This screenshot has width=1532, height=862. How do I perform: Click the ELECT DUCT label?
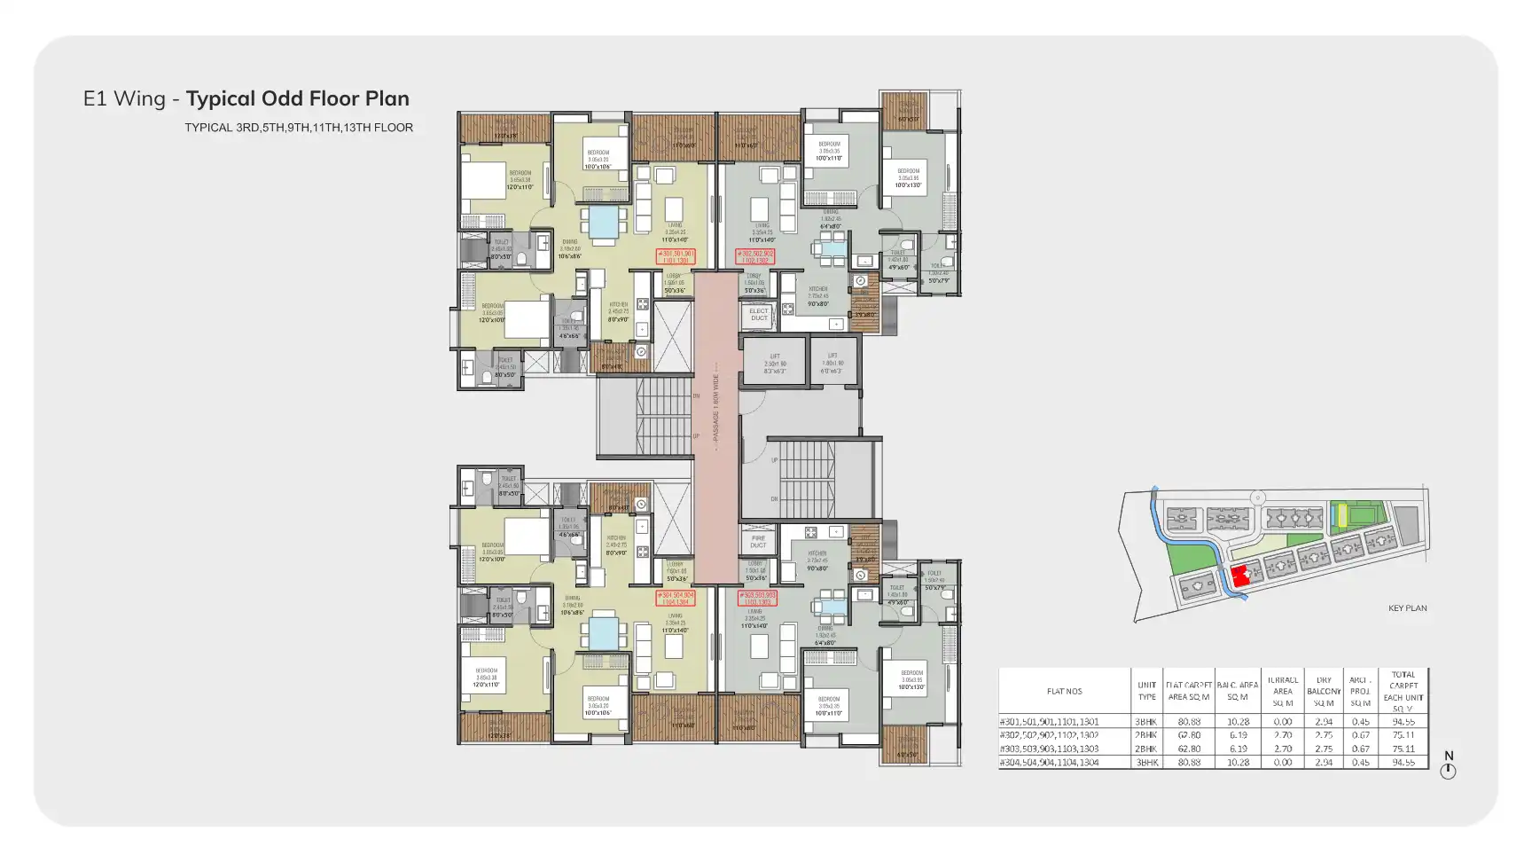(x=759, y=315)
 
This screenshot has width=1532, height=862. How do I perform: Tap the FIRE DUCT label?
(x=758, y=542)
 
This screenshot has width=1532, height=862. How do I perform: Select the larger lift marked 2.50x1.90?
(x=774, y=362)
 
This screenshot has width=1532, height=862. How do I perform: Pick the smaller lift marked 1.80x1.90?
(x=832, y=362)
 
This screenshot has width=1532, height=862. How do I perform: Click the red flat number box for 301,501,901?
(x=676, y=257)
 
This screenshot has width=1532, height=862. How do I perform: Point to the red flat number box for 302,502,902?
(x=755, y=257)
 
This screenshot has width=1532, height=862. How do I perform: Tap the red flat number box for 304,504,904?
(x=676, y=598)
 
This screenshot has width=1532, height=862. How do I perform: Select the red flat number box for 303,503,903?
(x=756, y=598)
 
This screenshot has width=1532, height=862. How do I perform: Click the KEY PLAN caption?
(x=1407, y=608)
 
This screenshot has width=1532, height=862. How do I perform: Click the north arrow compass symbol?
(x=1448, y=771)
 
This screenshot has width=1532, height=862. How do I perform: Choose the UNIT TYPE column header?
(x=1146, y=691)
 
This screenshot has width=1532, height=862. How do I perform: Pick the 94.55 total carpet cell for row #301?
(x=1403, y=722)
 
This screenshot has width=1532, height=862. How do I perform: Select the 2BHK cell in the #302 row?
(x=1146, y=735)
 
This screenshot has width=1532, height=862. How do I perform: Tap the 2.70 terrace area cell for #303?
(x=1282, y=748)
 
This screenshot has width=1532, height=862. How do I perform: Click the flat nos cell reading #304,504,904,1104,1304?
(x=1064, y=763)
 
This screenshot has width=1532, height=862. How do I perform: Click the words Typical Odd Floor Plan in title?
(x=298, y=98)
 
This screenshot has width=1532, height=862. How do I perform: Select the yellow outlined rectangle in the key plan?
(x=1341, y=514)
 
